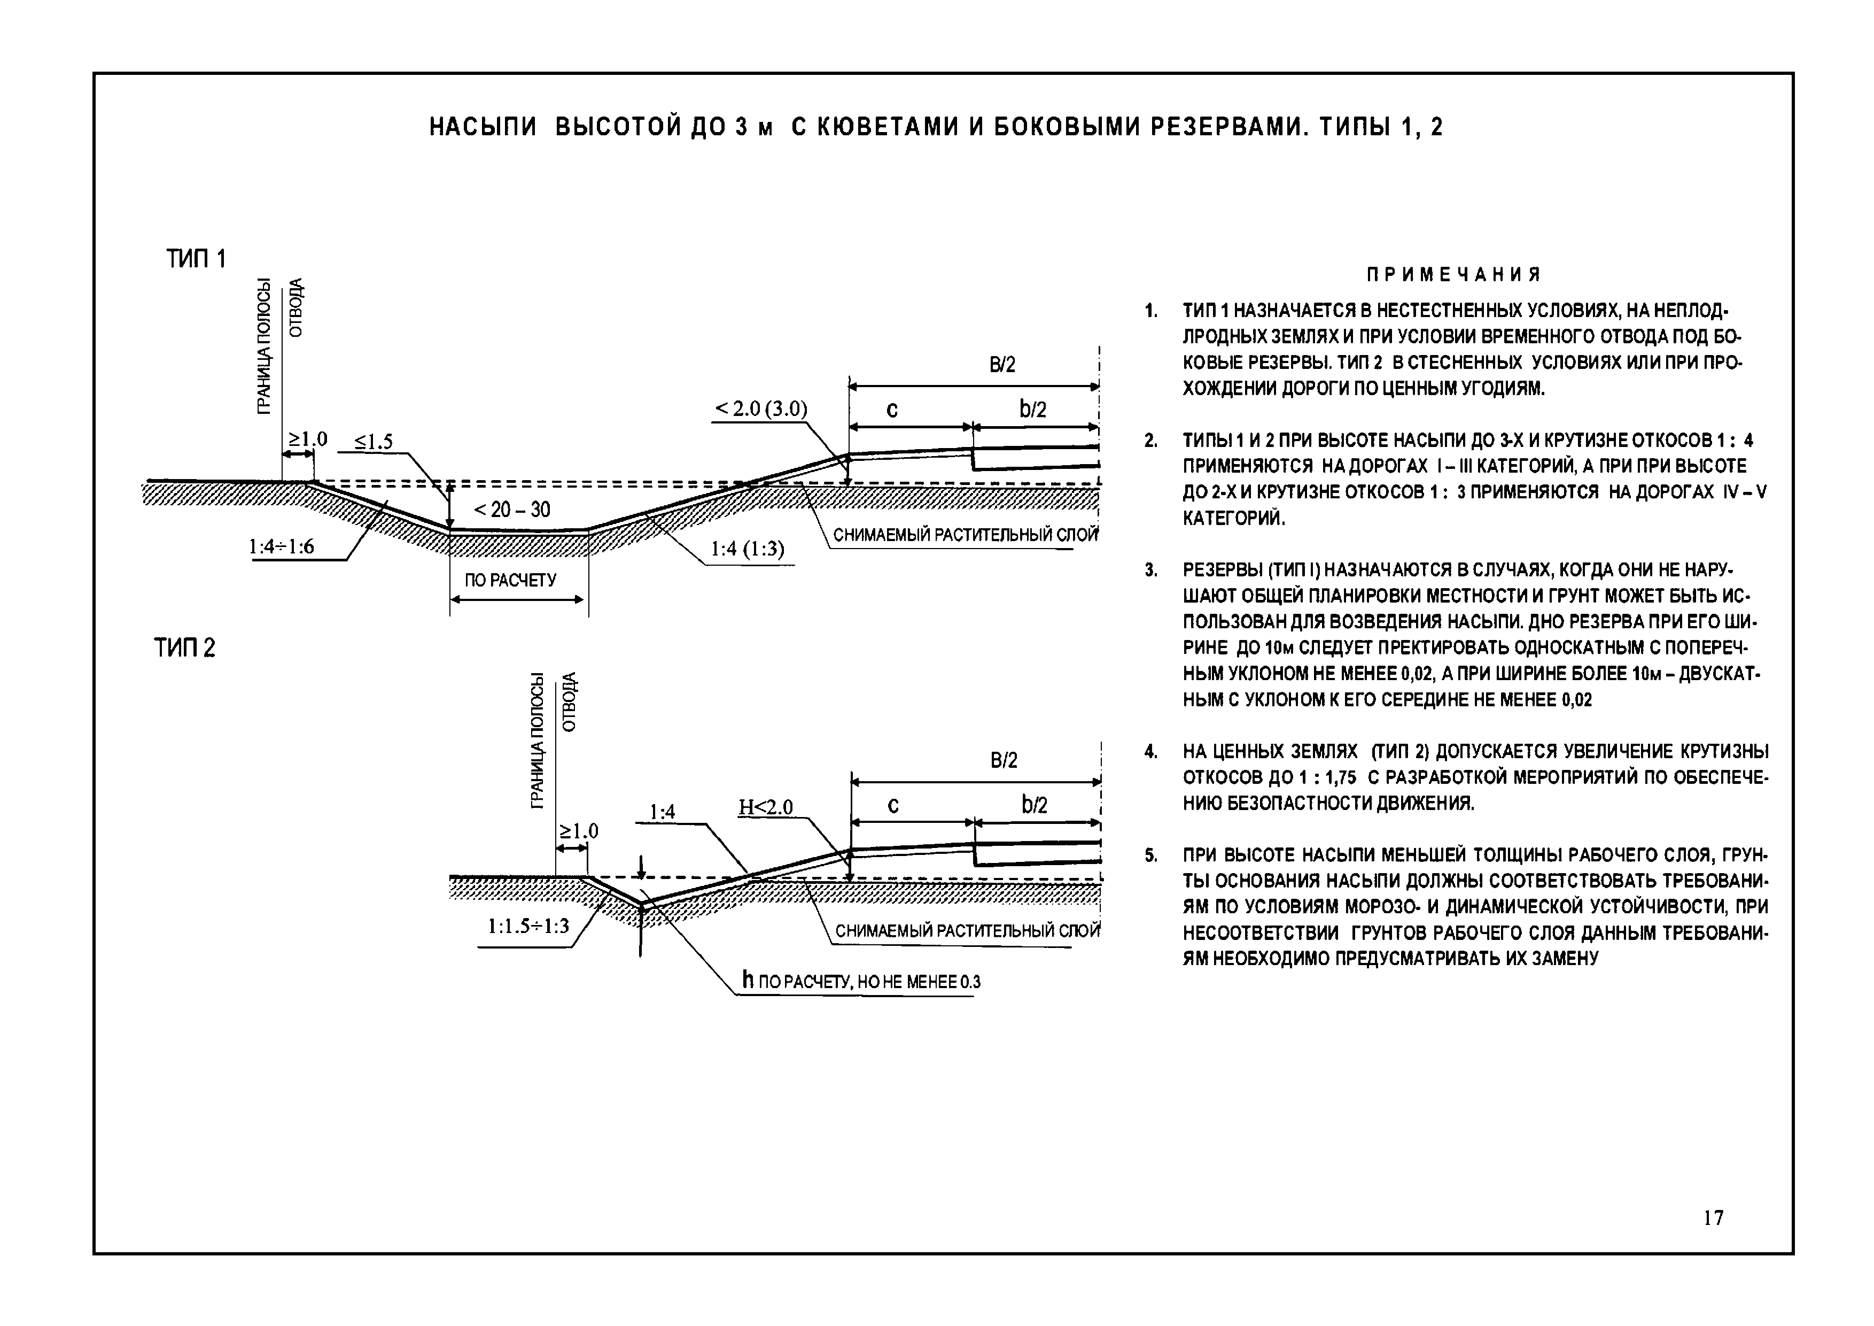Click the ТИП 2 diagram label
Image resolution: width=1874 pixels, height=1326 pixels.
(185, 649)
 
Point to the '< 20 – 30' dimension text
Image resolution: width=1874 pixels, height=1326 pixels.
(512, 510)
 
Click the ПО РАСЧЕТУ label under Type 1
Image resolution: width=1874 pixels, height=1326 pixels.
(510, 581)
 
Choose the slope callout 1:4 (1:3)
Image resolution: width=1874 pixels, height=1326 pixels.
(747, 549)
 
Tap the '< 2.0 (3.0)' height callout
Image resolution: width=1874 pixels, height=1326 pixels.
(761, 409)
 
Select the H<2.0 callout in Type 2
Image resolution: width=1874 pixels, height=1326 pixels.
(766, 807)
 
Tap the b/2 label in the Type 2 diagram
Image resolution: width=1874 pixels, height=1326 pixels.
(1034, 805)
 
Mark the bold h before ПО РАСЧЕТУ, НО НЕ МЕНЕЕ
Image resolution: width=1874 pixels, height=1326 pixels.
(748, 981)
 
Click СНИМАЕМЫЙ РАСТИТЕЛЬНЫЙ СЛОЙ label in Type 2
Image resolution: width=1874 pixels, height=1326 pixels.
(967, 931)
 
